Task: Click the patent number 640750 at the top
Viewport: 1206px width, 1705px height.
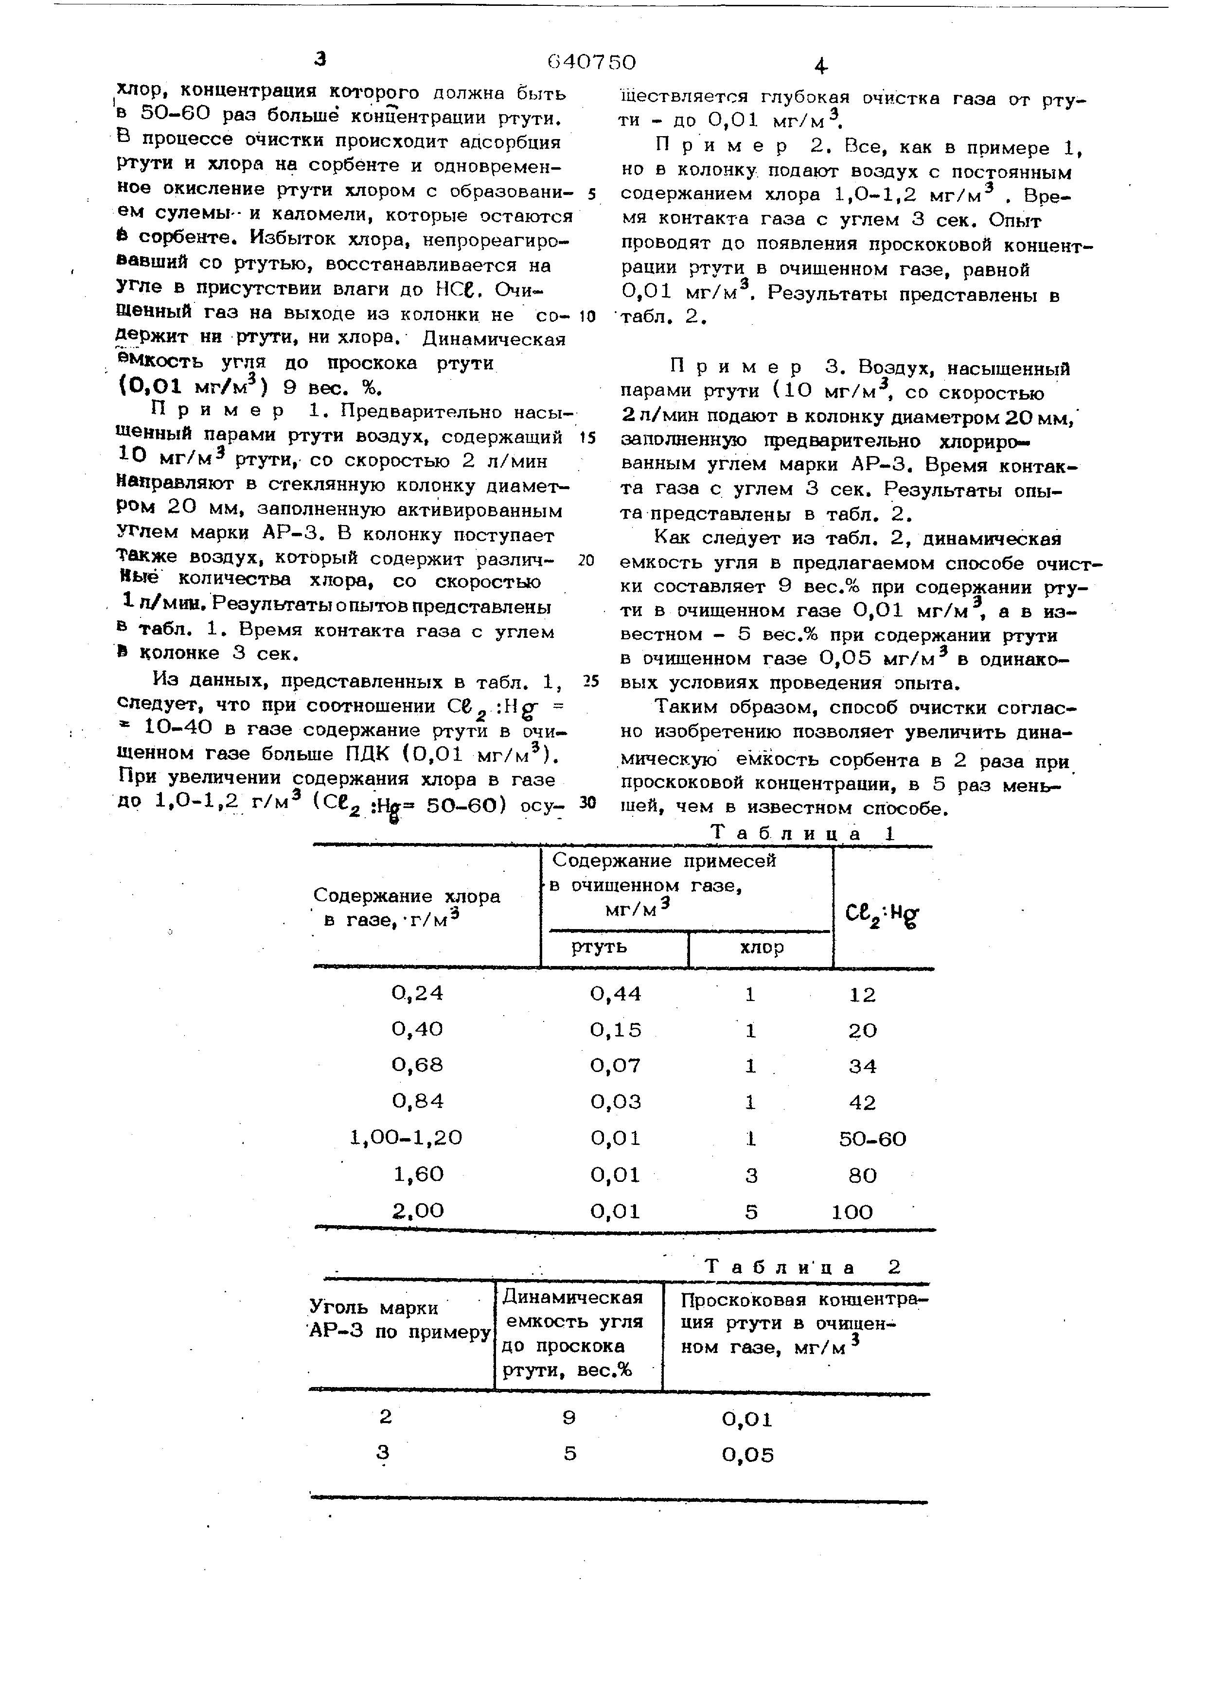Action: point(591,62)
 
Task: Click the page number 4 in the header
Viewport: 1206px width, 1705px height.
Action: point(820,67)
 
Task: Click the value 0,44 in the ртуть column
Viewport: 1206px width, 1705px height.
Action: point(616,994)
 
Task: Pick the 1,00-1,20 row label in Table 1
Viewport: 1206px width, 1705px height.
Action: point(406,1138)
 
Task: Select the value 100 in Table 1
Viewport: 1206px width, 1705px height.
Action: point(852,1212)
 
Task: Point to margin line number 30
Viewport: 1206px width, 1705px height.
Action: point(588,803)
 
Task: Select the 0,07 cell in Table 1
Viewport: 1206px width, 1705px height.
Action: point(616,1066)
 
